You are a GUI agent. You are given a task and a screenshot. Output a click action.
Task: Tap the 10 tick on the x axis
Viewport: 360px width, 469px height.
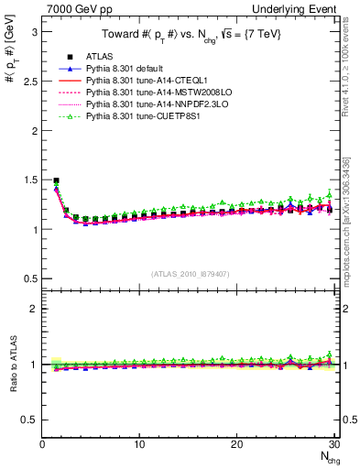point(139,444)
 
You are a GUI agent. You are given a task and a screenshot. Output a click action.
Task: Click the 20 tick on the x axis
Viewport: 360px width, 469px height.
point(236,444)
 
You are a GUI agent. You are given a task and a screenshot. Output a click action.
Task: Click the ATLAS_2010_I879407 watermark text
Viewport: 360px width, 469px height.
point(189,272)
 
